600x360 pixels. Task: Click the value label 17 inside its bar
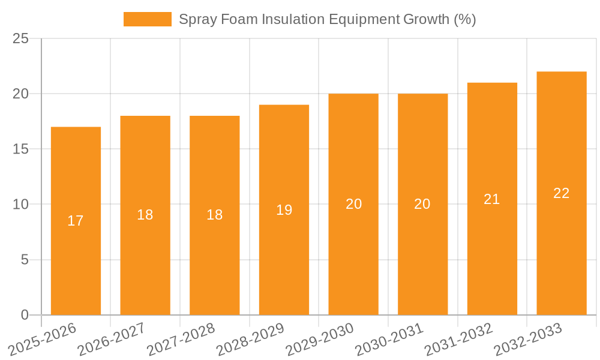[76, 221]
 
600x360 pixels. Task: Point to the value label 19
[284, 210]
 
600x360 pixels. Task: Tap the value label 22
[562, 193]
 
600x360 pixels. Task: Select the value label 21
[492, 199]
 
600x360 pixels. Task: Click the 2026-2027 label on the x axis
[111, 339]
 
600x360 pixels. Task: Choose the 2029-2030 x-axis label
[319, 339]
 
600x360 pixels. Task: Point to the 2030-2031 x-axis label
[389, 339]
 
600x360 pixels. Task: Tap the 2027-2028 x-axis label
[181, 339]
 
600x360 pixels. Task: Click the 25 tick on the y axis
[21, 39]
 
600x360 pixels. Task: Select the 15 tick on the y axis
[21, 149]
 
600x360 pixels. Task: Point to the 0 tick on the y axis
[25, 315]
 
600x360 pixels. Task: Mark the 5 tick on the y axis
[25, 260]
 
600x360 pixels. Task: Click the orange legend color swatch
[148, 19]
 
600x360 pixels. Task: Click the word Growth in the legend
[425, 19]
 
